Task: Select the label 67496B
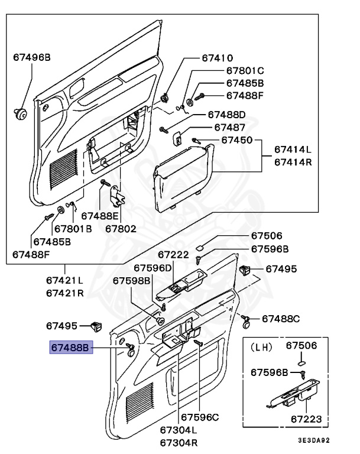click(x=32, y=57)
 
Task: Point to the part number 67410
click(x=217, y=58)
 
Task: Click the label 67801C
click(x=245, y=70)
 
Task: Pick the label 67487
click(x=230, y=127)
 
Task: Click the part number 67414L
click(x=292, y=149)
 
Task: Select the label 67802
click(x=121, y=228)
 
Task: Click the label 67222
click(x=173, y=255)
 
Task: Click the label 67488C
click(x=281, y=319)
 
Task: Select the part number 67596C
click(x=200, y=417)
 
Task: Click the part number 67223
click(x=306, y=419)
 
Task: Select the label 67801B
click(x=73, y=228)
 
